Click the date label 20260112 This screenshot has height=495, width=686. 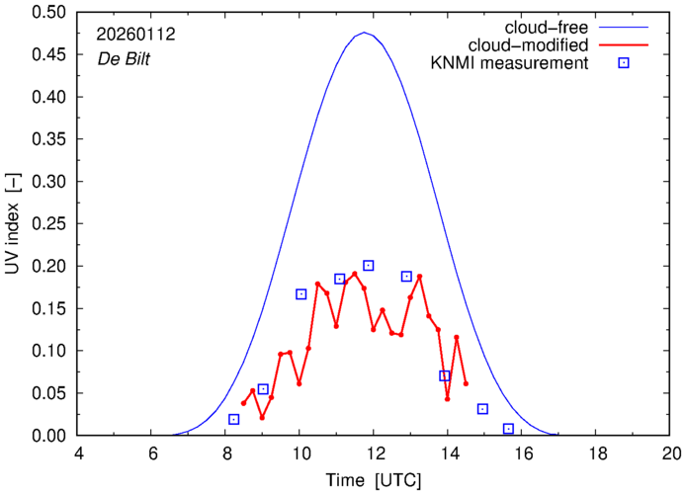135,34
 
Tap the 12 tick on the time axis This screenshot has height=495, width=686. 374,453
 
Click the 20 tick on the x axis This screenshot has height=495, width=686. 670,453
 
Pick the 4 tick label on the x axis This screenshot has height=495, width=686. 78,453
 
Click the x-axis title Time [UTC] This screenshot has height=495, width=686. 374,480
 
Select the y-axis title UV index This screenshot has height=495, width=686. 14,224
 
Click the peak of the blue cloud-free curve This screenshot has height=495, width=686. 365,33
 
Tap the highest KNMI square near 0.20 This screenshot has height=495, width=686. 369,266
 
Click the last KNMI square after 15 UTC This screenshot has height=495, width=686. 508,429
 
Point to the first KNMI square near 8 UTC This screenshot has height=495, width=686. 234,420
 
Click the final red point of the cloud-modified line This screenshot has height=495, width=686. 466,383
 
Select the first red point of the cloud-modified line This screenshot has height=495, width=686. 243,403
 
